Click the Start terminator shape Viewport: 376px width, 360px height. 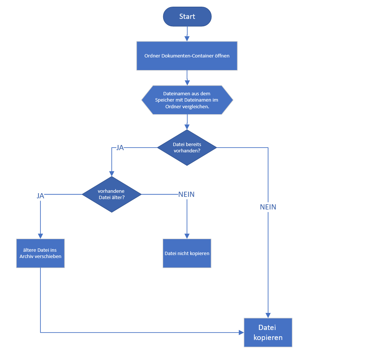[187, 17]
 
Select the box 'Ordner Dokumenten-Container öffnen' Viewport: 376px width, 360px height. [187, 56]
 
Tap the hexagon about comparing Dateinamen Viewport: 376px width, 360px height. [187, 100]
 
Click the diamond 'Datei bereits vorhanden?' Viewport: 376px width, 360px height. [187, 148]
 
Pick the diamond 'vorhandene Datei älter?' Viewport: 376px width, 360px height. [112, 194]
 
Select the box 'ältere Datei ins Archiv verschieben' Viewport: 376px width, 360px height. [40, 253]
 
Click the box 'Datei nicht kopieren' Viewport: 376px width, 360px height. [187, 253]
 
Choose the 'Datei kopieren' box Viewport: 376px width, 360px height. [268, 333]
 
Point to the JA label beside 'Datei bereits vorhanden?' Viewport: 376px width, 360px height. [120, 148]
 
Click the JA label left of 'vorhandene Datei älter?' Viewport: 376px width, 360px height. [40, 196]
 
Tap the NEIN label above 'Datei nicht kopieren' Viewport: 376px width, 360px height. [186, 194]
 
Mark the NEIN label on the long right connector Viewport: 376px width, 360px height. [268, 207]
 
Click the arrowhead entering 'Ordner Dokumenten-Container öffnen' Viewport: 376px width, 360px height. [187, 39]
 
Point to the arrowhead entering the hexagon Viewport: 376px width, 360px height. [187, 83]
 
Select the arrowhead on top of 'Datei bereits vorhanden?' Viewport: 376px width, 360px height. [187, 127]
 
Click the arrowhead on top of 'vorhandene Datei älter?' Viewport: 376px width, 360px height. [112, 174]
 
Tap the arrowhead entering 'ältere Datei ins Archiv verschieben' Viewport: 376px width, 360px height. [40, 236]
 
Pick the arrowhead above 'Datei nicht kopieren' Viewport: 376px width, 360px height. [187, 236]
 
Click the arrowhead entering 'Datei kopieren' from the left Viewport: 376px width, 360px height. [241, 333]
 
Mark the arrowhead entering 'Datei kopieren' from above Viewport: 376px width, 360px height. [268, 316]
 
